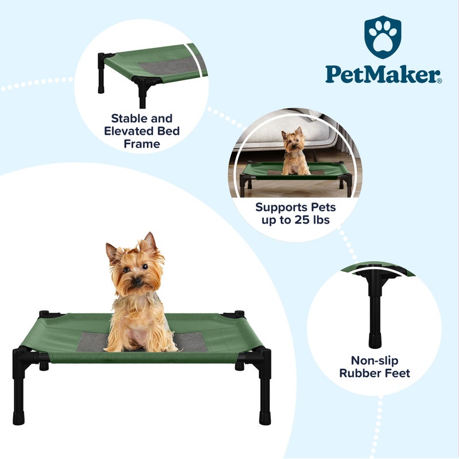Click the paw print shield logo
(383, 37)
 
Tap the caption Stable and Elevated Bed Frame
(142, 131)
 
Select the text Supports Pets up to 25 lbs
(295, 213)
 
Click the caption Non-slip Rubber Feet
(374, 367)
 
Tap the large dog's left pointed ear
(111, 251)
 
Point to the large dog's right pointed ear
(150, 240)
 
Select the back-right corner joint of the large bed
(235, 314)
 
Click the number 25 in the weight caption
(304, 220)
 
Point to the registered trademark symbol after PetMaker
(439, 81)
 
